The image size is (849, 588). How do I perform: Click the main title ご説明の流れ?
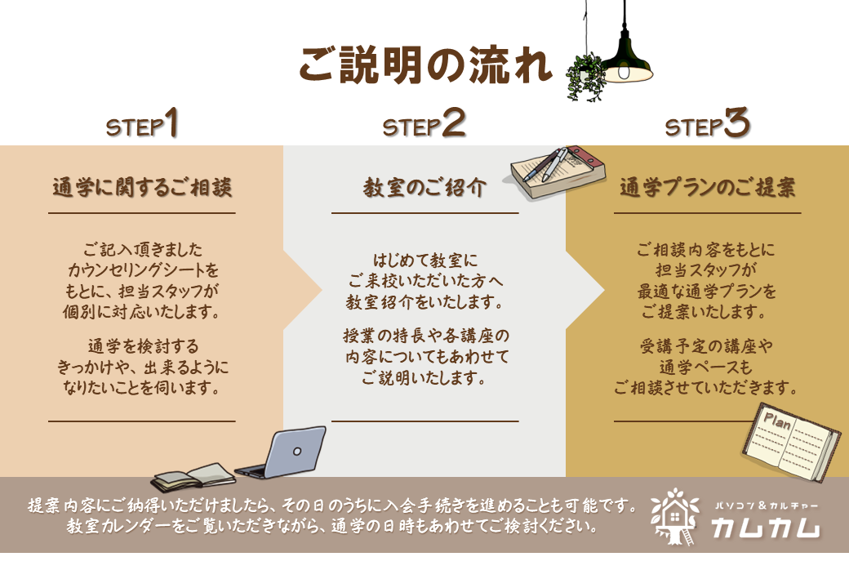[x=425, y=65]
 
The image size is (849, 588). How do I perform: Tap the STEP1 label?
[x=142, y=122]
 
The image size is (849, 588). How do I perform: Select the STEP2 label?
[x=424, y=122]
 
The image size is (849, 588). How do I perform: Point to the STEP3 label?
[x=707, y=122]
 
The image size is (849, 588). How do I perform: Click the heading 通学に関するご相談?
[x=142, y=187]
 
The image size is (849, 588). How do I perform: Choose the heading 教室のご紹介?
[x=424, y=187]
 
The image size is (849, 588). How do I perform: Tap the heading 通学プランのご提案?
[x=707, y=187]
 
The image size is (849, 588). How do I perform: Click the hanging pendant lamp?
[x=626, y=54]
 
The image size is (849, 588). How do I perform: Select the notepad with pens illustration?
[x=558, y=171]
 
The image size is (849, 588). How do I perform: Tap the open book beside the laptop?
[x=193, y=477]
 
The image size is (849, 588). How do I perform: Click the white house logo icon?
[x=674, y=516]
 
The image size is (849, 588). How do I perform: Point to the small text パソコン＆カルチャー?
[x=766, y=506]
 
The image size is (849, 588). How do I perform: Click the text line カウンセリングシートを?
[x=143, y=270]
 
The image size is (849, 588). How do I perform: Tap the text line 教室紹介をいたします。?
[x=424, y=302]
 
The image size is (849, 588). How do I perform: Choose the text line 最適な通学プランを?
[x=707, y=292]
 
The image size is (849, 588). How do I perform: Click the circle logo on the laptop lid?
[x=296, y=451]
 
